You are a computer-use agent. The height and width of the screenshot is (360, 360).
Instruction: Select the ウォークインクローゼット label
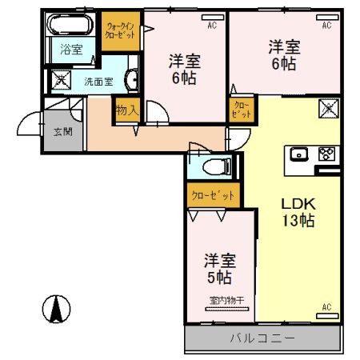click(x=121, y=30)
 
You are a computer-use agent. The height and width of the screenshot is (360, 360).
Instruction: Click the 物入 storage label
click(x=127, y=110)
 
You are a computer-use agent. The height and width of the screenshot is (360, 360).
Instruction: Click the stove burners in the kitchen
click(x=326, y=154)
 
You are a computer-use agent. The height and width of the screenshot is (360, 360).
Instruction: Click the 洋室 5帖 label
click(x=218, y=269)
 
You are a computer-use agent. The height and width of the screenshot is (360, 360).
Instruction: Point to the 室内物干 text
click(x=226, y=300)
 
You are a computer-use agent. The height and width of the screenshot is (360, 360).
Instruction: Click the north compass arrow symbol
click(x=57, y=308)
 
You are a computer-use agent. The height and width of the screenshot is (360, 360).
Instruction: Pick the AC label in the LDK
click(x=326, y=306)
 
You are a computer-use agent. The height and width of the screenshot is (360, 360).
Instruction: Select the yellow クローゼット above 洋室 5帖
click(x=214, y=194)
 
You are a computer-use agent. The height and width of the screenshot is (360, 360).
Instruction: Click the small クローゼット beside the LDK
click(x=242, y=110)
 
